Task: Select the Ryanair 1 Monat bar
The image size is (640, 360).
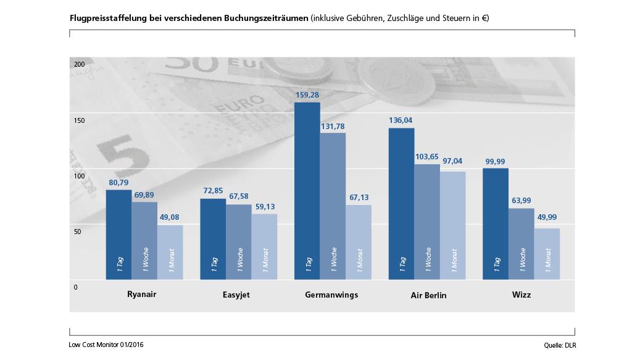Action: point(170,252)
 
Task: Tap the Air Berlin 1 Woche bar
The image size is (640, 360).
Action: point(427,221)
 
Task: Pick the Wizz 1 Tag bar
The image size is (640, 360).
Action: point(496,224)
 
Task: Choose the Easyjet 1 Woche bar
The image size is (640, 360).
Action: point(239,241)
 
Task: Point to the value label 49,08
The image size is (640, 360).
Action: point(170,218)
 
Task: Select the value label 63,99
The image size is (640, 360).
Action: point(521,201)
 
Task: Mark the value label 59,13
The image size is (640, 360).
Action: point(264,207)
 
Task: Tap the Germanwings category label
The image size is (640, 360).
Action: point(331,295)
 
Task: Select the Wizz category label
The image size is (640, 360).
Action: point(520,295)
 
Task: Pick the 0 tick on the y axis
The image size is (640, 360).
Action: point(76,287)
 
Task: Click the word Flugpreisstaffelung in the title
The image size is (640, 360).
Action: point(107,18)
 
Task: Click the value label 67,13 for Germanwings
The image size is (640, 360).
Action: point(358,198)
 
